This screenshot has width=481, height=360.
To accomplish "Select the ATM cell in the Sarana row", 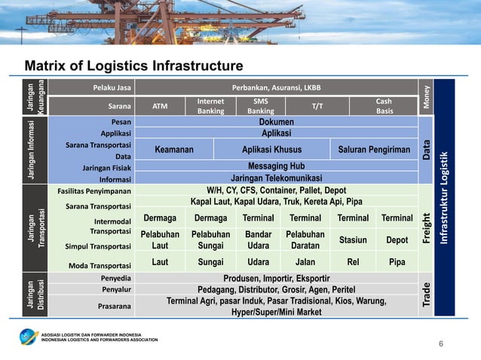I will point(160,106).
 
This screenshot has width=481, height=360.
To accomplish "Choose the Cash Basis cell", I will point(384,106).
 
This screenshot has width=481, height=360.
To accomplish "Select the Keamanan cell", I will point(174,150).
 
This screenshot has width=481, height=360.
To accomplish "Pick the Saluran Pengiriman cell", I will point(374,150).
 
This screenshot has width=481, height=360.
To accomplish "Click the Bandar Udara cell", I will point(259,239).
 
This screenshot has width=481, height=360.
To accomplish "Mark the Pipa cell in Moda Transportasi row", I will point(396,263).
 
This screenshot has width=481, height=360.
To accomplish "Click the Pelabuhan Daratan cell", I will point(305,239).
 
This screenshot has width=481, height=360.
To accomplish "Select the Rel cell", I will point(351,263).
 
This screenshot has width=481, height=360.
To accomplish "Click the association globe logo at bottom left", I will point(30,336).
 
